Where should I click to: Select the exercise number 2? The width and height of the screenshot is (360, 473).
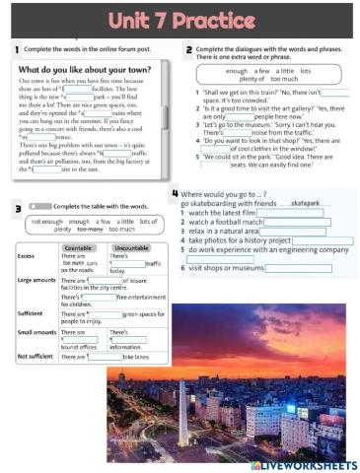[x=188, y=48]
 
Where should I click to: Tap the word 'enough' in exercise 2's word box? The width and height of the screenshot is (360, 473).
[x=237, y=72]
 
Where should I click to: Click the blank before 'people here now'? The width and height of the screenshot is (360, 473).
[x=241, y=116]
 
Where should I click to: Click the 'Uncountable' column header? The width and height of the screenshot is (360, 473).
[x=130, y=248]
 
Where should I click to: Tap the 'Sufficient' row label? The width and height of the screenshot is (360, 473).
[x=33, y=312]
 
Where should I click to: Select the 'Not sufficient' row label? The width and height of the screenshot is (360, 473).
[x=37, y=357]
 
